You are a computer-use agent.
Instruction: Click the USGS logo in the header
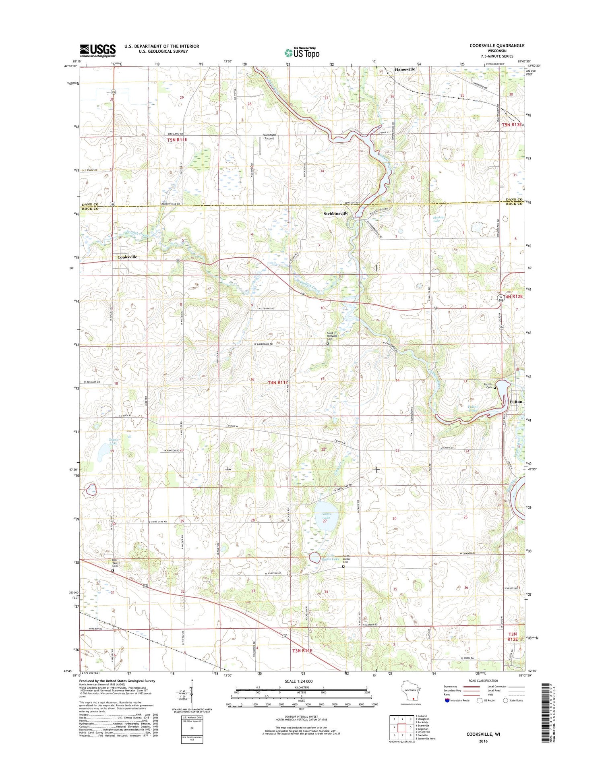[x=97, y=50]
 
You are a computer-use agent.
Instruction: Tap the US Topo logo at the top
[x=302, y=52]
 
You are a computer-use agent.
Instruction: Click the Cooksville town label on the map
[x=127, y=257]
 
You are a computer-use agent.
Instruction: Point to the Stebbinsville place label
[x=336, y=213]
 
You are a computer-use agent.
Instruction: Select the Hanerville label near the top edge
[x=405, y=69]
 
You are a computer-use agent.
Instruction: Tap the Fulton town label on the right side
[x=516, y=402]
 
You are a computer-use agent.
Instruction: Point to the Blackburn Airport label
[x=269, y=137]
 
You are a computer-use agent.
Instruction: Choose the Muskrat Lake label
[x=439, y=219]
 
